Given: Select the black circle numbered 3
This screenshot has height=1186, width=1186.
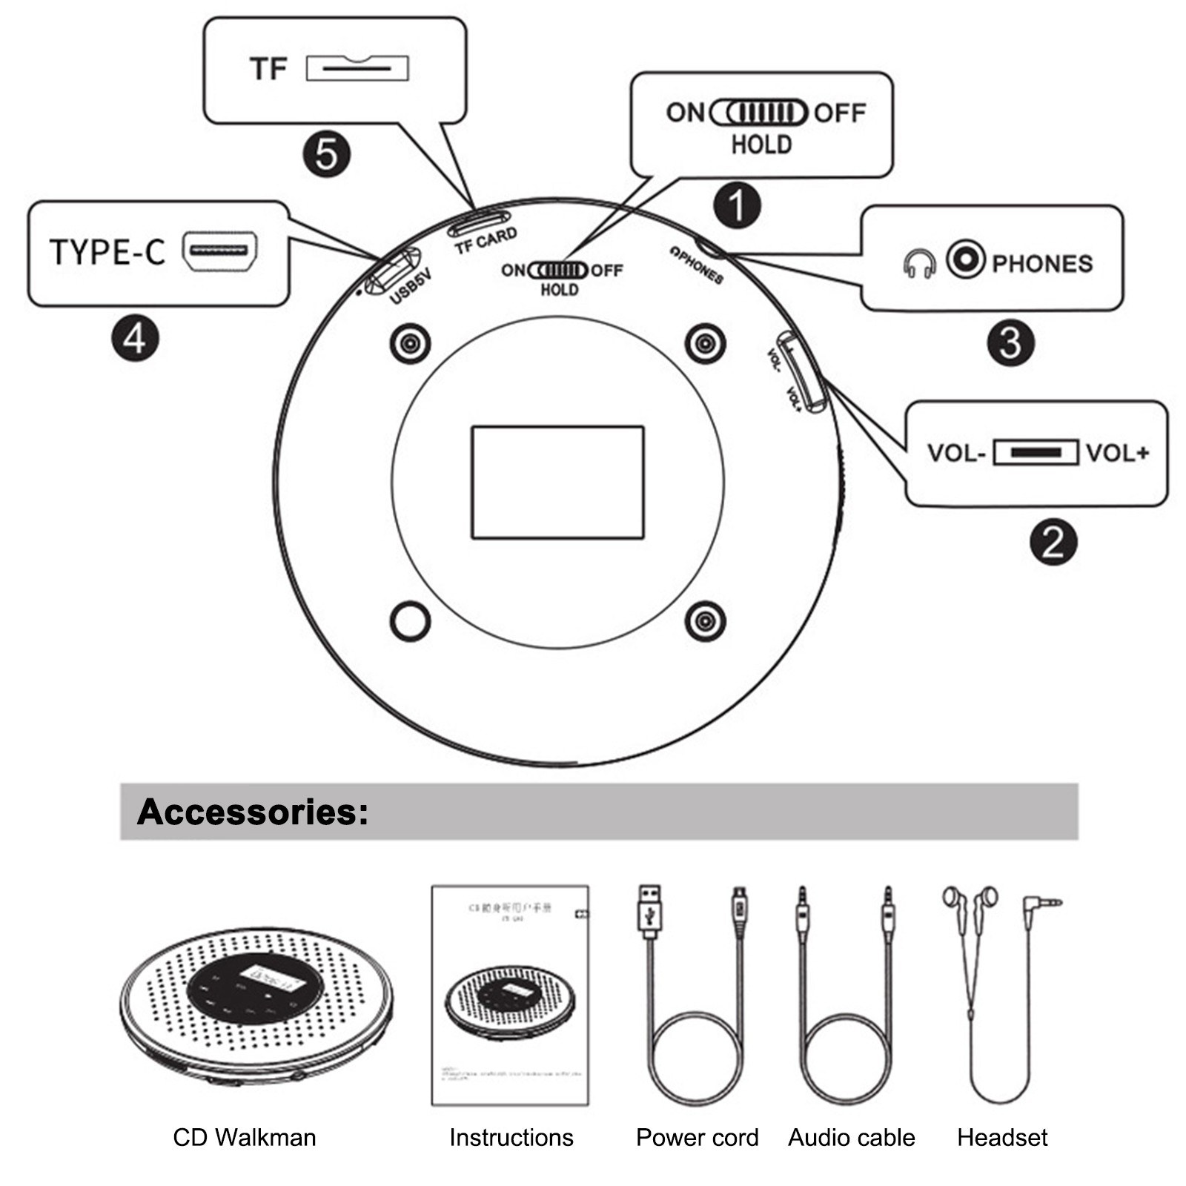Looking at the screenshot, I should pos(1010,342).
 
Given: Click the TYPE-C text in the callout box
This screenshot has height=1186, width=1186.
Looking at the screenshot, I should pos(107,253).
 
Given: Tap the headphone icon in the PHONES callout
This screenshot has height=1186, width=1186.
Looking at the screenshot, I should pos(919,263).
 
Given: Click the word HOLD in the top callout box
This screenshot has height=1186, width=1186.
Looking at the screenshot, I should pos(761,145).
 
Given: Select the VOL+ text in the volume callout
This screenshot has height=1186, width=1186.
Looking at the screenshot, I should pos(1118,453).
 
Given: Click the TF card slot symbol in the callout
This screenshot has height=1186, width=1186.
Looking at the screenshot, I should pos(357,68).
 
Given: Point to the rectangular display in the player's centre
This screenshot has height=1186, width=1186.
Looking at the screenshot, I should pos(557,483).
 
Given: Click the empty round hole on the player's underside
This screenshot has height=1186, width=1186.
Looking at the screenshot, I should pos(410,620).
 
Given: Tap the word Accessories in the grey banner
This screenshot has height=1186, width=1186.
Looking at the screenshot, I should pos(252,812).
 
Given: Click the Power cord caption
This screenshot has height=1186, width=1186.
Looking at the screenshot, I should pos(697,1137).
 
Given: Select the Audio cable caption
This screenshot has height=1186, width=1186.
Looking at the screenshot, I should pos(851,1137).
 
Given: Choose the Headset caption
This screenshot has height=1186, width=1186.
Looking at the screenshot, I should pos(1002,1137).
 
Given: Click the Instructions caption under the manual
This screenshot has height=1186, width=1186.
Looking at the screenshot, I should pos(511,1137).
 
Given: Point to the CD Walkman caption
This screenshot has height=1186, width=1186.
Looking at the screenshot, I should pos(245,1137).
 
